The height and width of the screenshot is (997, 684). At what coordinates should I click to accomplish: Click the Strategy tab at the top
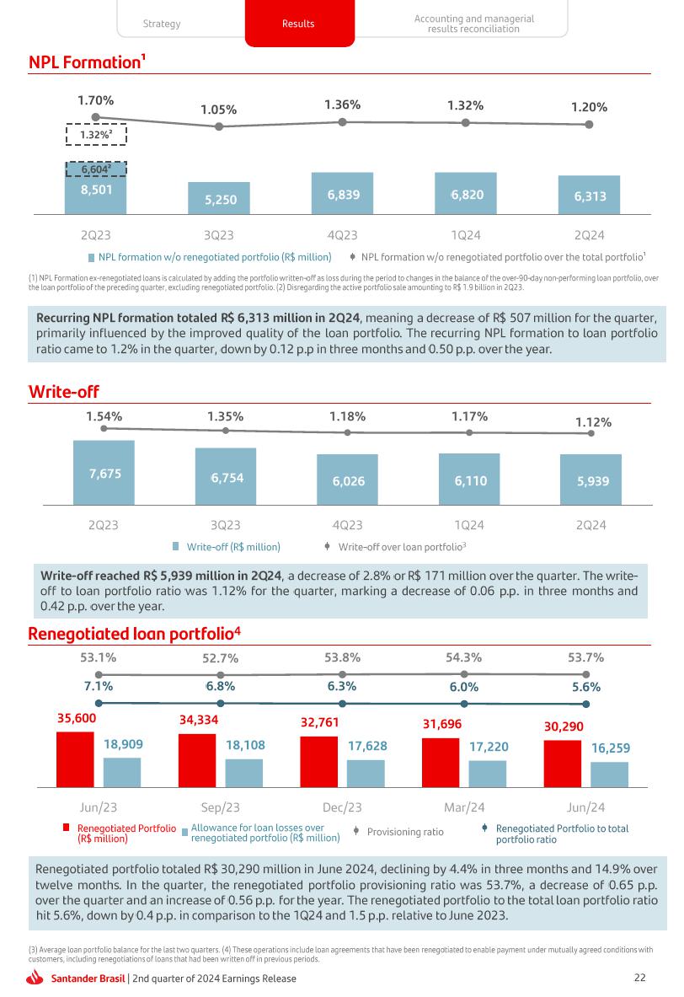[x=162, y=24]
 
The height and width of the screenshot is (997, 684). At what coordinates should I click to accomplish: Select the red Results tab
[x=298, y=24]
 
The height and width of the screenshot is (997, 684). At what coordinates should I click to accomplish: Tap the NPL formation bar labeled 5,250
[x=219, y=199]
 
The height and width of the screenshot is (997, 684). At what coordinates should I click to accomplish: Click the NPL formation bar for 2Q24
[x=589, y=196]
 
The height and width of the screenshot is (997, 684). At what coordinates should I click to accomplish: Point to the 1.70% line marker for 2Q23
[x=96, y=118]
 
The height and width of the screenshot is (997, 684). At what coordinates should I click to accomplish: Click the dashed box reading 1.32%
[x=96, y=135]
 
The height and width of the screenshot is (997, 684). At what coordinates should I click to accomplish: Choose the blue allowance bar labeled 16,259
[x=609, y=774]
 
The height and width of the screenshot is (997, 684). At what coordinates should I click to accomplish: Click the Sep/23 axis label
[x=221, y=807]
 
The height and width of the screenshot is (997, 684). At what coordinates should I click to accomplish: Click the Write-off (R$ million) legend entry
[x=232, y=546]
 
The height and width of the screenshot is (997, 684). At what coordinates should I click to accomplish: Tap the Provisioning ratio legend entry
[x=404, y=832]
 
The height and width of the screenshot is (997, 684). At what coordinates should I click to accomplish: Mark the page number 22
[x=639, y=978]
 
